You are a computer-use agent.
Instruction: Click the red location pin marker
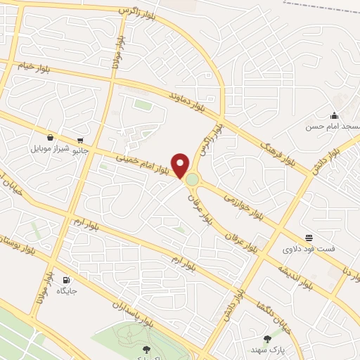pos(181,165)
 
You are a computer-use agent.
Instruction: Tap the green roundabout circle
pos(192,181)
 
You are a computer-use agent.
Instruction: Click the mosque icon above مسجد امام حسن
pos(334,116)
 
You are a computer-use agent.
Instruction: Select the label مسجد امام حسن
pos(333,127)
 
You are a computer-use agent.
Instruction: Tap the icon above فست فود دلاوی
pos(309,238)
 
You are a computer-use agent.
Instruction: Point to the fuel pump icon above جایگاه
pos(67,280)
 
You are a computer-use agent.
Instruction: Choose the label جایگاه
pos(67,290)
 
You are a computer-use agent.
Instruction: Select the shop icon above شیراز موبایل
pos(51,138)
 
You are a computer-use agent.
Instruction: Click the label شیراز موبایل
pos(49,149)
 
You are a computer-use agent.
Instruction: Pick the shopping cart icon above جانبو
pos(82,139)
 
